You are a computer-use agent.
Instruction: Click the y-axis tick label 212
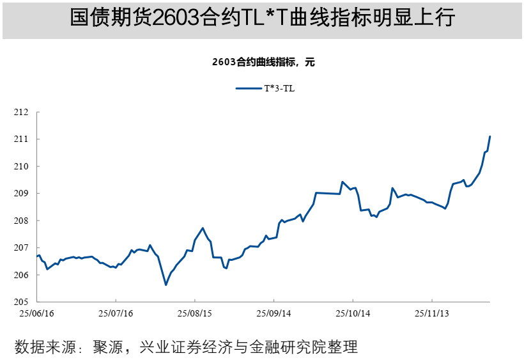(x=22, y=113)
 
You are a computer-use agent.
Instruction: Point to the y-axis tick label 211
(x=22, y=139)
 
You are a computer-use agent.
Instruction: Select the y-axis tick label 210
(x=22, y=166)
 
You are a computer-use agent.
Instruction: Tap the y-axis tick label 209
(x=22, y=194)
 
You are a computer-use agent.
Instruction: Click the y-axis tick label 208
(x=22, y=221)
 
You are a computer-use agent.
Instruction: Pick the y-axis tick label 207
(x=22, y=247)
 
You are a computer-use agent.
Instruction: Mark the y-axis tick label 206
(x=22, y=275)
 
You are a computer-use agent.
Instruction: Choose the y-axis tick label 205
(x=22, y=302)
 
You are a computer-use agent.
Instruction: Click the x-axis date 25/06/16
(x=37, y=314)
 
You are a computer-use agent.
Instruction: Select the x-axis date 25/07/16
(x=116, y=314)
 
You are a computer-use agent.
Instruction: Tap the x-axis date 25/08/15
(x=195, y=314)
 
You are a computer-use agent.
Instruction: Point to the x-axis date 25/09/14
(x=274, y=314)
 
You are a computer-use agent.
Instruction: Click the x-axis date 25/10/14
(x=353, y=314)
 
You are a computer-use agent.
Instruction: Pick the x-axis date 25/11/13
(x=432, y=314)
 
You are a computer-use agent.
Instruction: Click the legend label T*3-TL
(x=280, y=89)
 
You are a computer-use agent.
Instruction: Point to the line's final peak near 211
(x=489, y=136)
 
